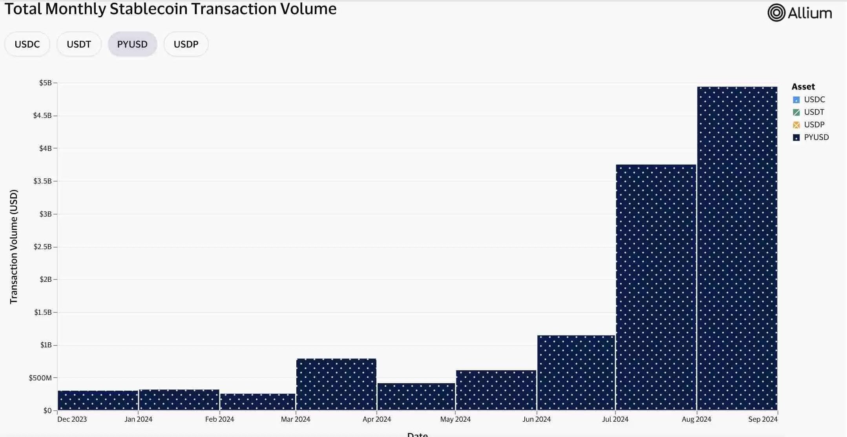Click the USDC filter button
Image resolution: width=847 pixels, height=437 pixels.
click(x=27, y=44)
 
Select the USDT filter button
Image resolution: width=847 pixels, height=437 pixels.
click(x=79, y=44)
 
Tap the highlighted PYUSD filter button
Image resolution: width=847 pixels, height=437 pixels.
click(x=132, y=44)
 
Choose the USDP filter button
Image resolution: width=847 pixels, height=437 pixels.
click(x=186, y=44)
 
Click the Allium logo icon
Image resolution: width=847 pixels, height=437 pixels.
click(x=776, y=13)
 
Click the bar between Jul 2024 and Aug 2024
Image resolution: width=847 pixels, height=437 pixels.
click(x=656, y=287)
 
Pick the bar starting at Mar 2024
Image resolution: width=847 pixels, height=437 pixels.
click(x=336, y=384)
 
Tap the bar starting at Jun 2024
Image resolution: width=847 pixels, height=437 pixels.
click(x=576, y=373)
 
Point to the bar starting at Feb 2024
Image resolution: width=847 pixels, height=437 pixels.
click(x=257, y=402)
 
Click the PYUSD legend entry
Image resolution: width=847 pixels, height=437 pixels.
click(x=816, y=137)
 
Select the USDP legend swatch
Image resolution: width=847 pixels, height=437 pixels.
click(x=796, y=125)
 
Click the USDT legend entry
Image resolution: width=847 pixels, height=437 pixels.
click(x=814, y=112)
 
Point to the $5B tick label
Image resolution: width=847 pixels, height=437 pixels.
click(x=46, y=83)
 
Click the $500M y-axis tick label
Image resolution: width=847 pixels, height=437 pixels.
click(x=40, y=378)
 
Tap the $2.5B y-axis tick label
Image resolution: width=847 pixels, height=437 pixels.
click(x=42, y=247)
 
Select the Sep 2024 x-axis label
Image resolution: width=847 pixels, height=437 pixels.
click(x=762, y=419)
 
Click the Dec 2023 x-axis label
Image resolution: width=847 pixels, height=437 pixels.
click(x=72, y=419)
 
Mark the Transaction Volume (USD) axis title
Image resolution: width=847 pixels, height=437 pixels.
click(x=14, y=246)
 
